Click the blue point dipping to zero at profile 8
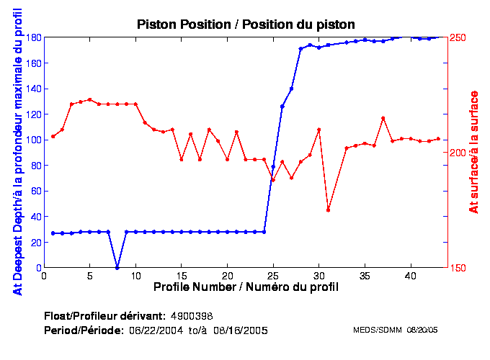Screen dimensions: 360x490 (117, 267)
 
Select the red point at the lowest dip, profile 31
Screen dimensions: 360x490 (328, 210)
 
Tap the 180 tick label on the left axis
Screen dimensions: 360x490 (32, 37)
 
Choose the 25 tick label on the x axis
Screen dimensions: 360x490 (273, 276)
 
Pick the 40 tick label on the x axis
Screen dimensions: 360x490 (410, 276)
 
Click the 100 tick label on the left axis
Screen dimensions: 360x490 (32, 140)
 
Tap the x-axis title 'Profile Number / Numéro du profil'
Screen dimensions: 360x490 (246, 287)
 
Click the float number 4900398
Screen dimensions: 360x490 (191, 316)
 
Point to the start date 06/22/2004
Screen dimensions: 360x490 (158, 330)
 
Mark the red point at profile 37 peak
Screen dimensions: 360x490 (383, 118)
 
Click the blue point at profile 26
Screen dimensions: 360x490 (282, 107)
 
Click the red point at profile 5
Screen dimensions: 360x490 (90, 99)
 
